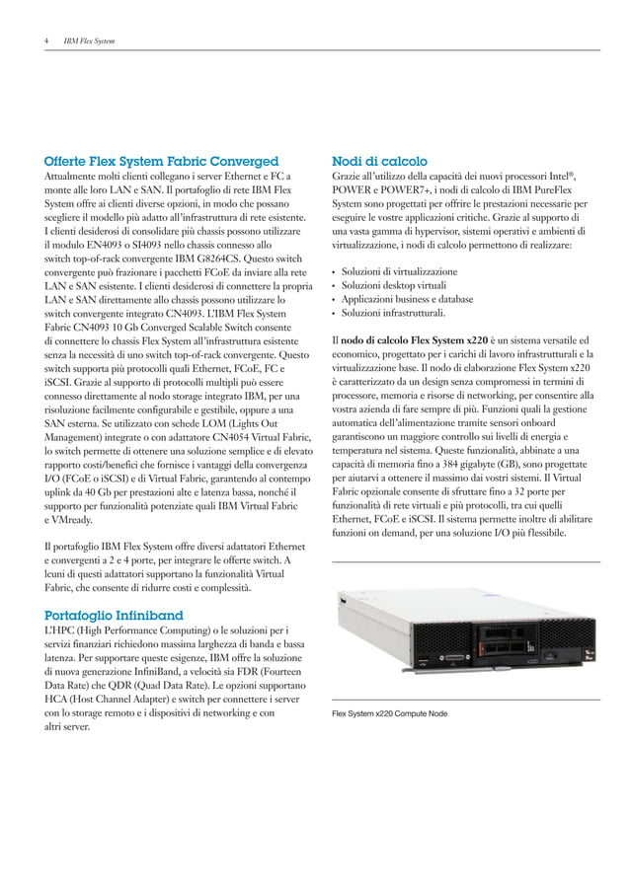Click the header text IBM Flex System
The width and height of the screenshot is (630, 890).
tap(89, 41)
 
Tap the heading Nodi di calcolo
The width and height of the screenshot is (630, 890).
tap(379, 161)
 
